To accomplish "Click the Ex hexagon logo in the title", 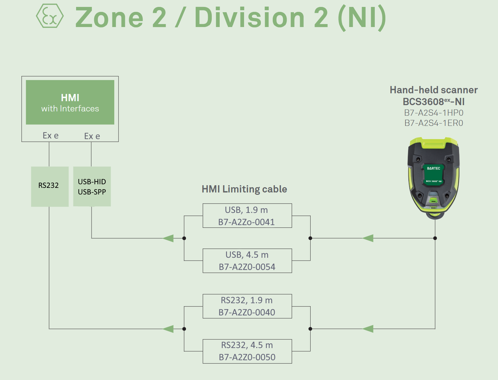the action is click(50, 16).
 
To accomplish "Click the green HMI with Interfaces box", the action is click(70, 102).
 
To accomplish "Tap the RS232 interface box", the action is click(50, 186).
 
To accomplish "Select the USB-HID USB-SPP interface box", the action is click(92, 186).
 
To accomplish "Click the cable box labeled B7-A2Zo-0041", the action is click(247, 216).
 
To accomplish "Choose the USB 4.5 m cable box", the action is click(247, 261).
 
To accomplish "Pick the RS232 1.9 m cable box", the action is click(247, 306).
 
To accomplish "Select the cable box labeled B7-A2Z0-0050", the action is click(247, 351).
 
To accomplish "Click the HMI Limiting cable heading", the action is click(244, 189).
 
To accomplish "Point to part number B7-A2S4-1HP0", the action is click(433, 113).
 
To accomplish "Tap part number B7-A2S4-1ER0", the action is click(433, 123).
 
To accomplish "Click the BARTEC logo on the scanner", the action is click(433, 168).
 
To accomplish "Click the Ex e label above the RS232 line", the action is click(51, 135).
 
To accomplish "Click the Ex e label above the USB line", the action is click(92, 136).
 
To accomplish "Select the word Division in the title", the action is click(250, 17).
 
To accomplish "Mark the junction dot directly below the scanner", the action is click(435, 238).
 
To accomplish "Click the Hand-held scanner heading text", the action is click(433, 90).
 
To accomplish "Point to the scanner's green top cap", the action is click(433, 143).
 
